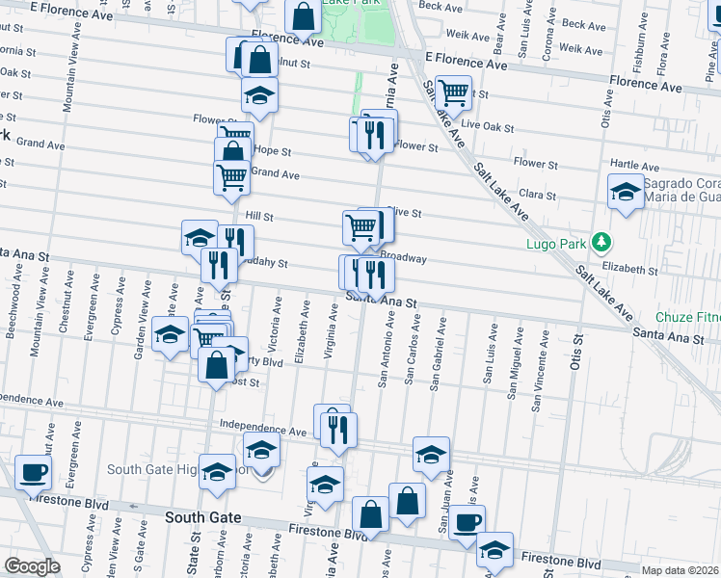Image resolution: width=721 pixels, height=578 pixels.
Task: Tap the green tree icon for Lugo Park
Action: point(601,241)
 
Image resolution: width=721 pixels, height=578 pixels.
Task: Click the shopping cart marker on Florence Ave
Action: point(453,93)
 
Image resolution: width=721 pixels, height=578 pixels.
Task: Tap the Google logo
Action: point(32,566)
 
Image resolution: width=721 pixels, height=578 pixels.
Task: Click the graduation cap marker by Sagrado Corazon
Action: point(626,192)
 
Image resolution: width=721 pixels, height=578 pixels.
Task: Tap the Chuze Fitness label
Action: point(688,317)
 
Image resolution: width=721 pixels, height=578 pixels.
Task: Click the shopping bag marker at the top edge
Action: point(303,16)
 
